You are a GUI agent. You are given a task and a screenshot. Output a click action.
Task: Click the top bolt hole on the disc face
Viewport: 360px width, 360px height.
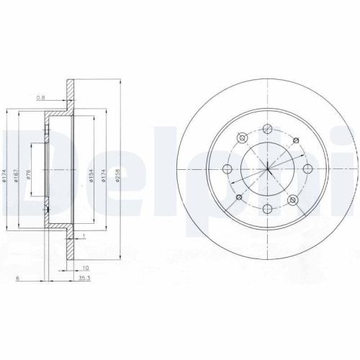(267, 130)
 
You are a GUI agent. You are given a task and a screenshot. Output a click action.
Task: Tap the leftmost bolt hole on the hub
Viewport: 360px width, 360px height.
(228, 169)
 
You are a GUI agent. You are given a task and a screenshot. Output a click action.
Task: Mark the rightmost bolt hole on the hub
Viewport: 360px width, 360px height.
(307, 169)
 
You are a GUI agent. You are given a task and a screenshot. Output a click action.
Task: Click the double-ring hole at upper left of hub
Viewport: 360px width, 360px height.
(243, 138)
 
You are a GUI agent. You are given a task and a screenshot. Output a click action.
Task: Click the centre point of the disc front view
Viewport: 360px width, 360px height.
(267, 169)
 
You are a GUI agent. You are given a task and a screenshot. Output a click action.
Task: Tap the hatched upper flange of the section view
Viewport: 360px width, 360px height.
(71, 94)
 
